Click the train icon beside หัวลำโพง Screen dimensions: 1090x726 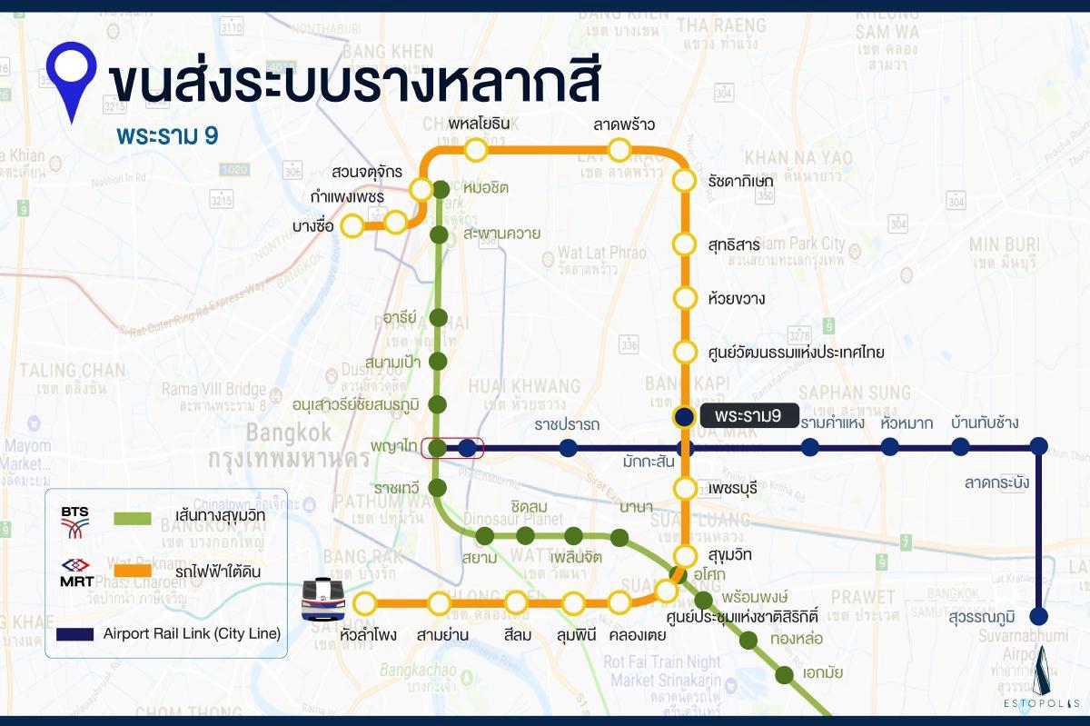click(x=324, y=600)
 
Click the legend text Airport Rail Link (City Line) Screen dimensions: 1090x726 click(x=192, y=632)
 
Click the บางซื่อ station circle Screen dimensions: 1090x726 click(x=352, y=227)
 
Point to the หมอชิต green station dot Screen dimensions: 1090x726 click(x=441, y=189)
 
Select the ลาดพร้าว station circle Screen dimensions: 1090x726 click(x=619, y=149)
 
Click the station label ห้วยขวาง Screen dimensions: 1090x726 click(x=737, y=298)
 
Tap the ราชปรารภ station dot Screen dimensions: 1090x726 click(x=568, y=447)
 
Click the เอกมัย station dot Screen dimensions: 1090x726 click(x=784, y=674)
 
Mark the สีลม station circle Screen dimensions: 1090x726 click(x=517, y=602)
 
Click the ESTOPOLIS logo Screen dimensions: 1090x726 click(x=1046, y=681)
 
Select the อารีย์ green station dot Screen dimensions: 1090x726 click(x=438, y=318)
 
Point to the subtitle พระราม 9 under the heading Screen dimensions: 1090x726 click(x=167, y=134)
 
